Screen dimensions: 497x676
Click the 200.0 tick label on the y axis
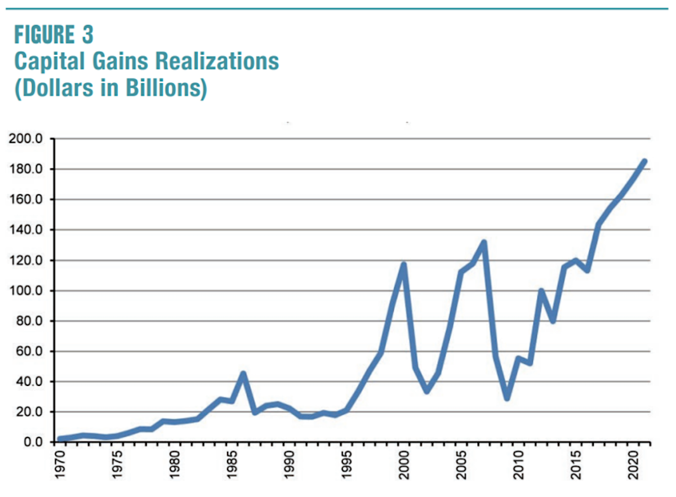pyautogui.click(x=29, y=139)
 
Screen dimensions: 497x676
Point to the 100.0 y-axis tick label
pyautogui.click(x=29, y=291)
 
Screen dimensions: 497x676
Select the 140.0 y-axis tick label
pyautogui.click(x=29, y=230)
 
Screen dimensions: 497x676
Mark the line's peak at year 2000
pyautogui.click(x=403, y=264)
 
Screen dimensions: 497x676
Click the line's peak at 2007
pyautogui.click(x=483, y=243)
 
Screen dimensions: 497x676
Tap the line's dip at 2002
pyautogui.click(x=427, y=392)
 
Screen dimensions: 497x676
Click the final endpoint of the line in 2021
pyautogui.click(x=644, y=162)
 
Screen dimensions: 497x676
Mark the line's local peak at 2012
pyautogui.click(x=541, y=291)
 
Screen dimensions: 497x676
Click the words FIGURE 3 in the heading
pyautogui.click(x=54, y=35)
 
